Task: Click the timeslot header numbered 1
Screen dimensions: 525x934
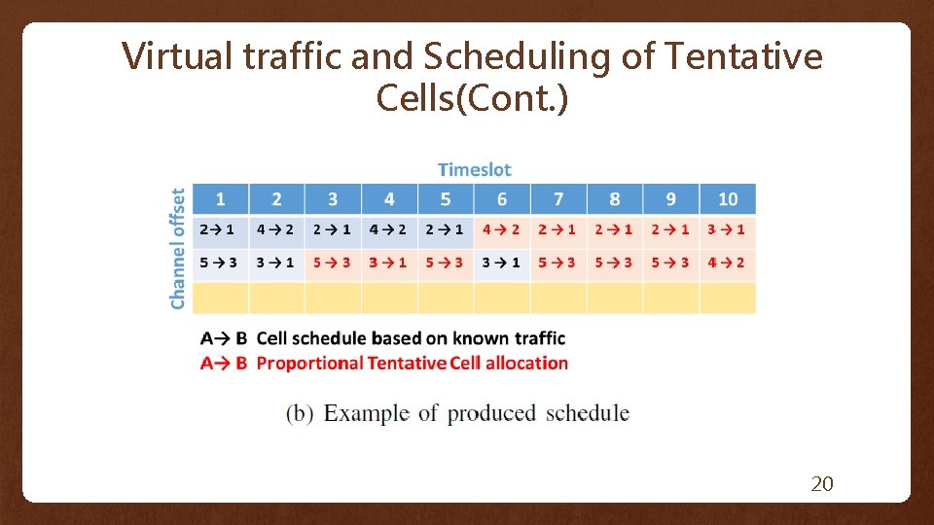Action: pyautogui.click(x=220, y=199)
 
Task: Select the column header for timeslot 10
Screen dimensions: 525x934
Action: pyautogui.click(x=728, y=199)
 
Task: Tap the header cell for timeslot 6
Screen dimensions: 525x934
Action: pyautogui.click(x=502, y=199)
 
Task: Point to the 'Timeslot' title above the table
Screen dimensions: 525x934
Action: pyautogui.click(x=474, y=169)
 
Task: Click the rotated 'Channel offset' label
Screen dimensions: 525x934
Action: pyautogui.click(x=178, y=249)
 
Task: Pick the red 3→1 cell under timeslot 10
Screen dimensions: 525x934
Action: pyautogui.click(x=727, y=230)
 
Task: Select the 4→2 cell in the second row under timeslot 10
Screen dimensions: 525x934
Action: pyautogui.click(x=727, y=262)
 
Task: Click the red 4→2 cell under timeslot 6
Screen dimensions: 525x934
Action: pyautogui.click(x=502, y=230)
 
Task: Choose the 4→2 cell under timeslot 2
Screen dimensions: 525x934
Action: pyautogui.click(x=275, y=230)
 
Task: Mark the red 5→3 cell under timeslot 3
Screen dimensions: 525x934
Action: pyautogui.click(x=332, y=262)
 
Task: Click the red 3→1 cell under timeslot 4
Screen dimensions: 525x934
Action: pyautogui.click(x=388, y=262)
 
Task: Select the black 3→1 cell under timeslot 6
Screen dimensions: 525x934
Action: pyautogui.click(x=502, y=262)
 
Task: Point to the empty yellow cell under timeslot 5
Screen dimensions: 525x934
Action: pyautogui.click(x=446, y=297)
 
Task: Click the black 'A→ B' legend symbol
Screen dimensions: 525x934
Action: pyautogui.click(x=223, y=338)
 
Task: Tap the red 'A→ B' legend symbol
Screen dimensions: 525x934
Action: pyautogui.click(x=223, y=363)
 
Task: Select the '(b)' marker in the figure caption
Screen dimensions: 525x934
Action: pyautogui.click(x=300, y=413)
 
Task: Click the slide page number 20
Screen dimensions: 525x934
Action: pyautogui.click(x=822, y=483)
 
